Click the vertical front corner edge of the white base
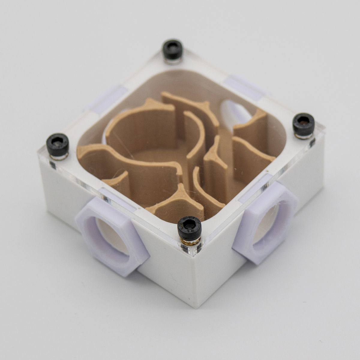click(x=195, y=285)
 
